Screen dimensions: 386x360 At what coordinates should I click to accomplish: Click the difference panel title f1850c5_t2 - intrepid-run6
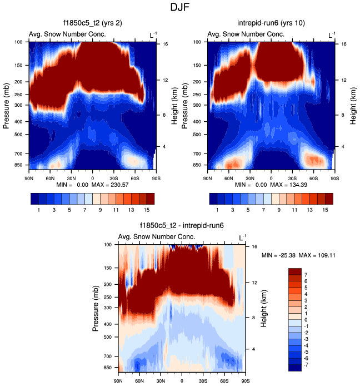coord(182,226)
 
